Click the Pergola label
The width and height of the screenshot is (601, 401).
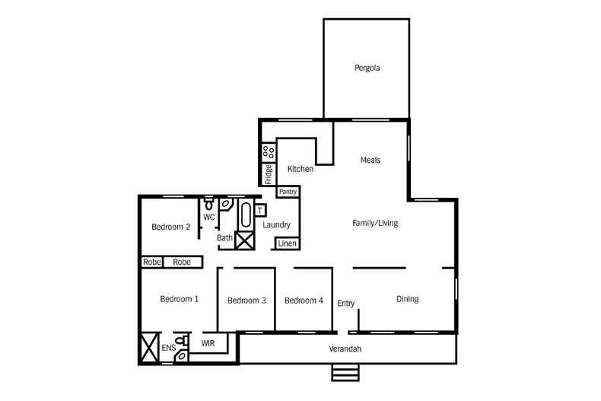coord(367,68)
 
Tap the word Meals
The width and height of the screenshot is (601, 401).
coord(370,160)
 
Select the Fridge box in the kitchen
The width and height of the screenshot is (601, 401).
coord(269,174)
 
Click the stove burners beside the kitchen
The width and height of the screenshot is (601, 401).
coord(269,152)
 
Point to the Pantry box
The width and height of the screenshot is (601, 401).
coord(288,192)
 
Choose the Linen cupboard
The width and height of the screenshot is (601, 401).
coord(287,243)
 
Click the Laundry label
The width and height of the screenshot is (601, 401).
coord(277,224)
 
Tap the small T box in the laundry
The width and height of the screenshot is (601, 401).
coord(260,210)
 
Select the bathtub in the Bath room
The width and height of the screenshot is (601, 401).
coord(245,216)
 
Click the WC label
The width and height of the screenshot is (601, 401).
coord(209,217)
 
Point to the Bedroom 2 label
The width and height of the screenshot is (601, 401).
coord(170,226)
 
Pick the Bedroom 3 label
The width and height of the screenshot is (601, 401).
coord(246,301)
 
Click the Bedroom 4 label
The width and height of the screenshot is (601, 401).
coord(304,301)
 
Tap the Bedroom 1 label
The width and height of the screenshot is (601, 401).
coord(180,299)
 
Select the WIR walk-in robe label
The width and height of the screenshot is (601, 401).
coord(208,344)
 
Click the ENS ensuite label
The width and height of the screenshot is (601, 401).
coord(168,348)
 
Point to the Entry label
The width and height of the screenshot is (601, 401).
coord(346,303)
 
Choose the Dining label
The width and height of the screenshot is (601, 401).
coord(408,299)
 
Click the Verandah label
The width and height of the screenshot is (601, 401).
coord(345,348)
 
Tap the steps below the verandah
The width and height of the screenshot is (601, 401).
coord(345,372)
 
